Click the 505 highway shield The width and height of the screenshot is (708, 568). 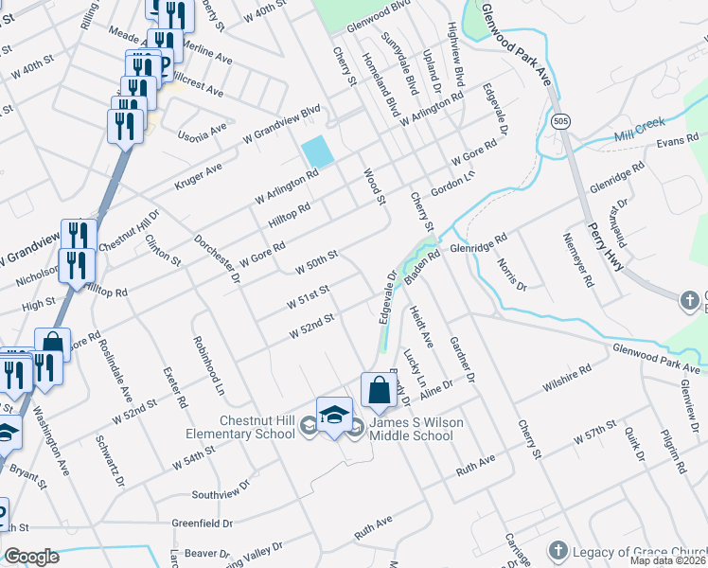click(x=560, y=122)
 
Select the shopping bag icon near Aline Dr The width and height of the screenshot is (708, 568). click(x=379, y=390)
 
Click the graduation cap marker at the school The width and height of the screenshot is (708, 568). click(x=334, y=416)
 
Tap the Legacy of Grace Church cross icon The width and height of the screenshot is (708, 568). click(x=558, y=550)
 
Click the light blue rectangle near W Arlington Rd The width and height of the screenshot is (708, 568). click(x=317, y=151)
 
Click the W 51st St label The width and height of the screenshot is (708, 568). click(x=309, y=296)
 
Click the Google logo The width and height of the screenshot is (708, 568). click(x=31, y=557)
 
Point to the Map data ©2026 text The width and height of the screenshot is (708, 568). click(x=667, y=561)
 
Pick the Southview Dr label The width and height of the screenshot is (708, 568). click(x=220, y=488)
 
